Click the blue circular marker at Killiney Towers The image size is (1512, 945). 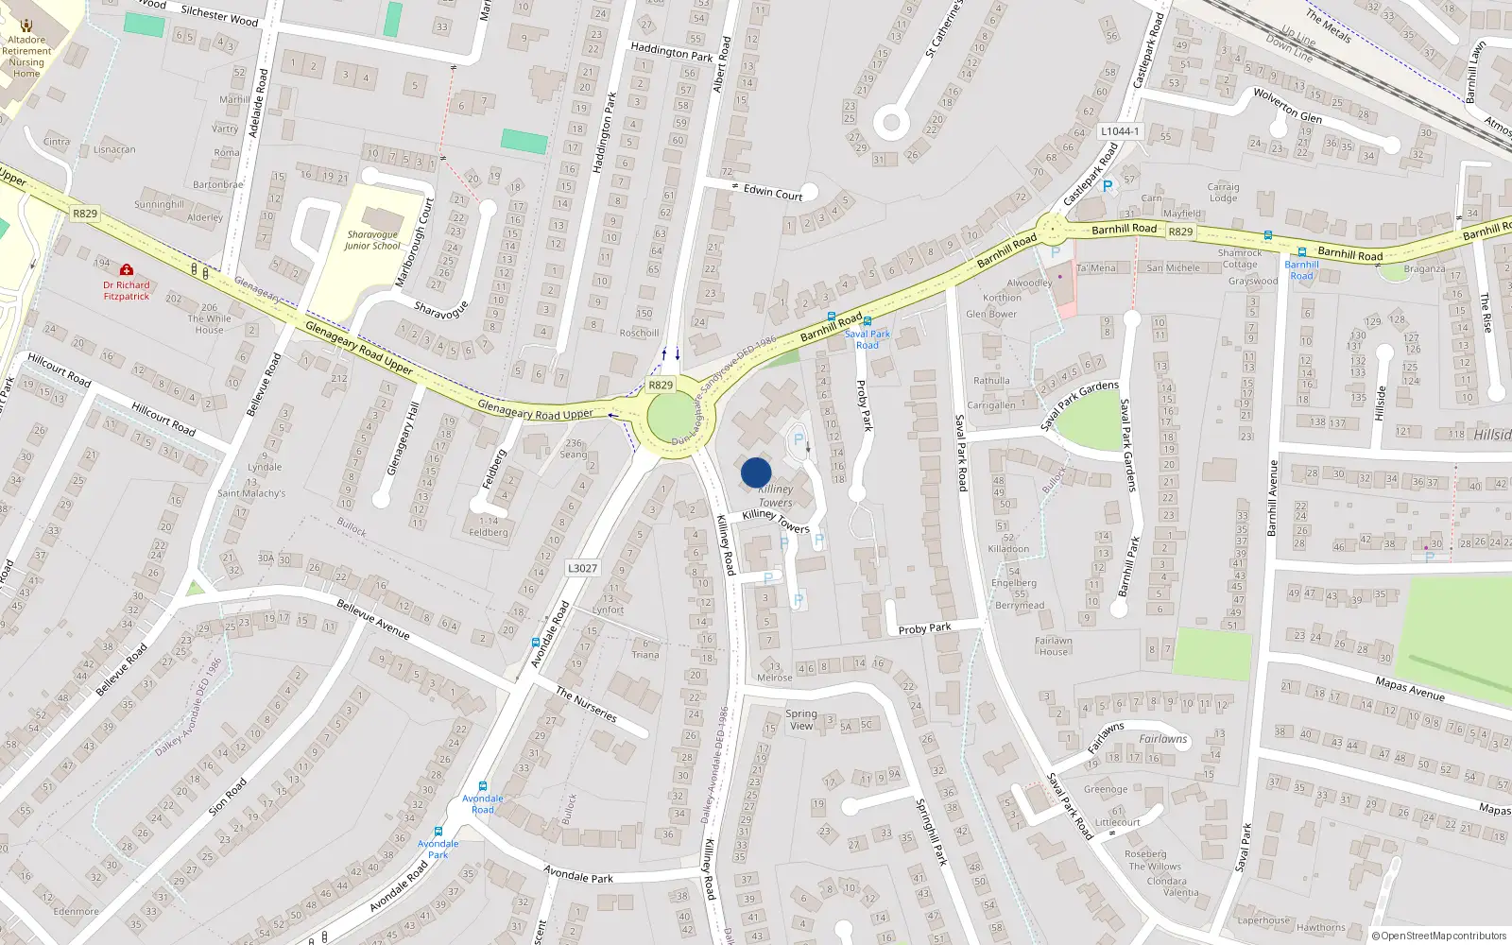pos(756,472)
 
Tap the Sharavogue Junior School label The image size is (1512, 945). pos(372,240)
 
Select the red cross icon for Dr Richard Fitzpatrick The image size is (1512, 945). pos(127,269)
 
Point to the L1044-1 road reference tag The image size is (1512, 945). pos(1120,131)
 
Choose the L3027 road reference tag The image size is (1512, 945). pos(582,568)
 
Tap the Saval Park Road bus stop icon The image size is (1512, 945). pos(868,321)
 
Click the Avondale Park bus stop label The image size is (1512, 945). pos(438,849)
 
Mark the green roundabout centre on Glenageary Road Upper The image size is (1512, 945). pos(671,416)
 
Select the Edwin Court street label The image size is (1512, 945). pos(772,192)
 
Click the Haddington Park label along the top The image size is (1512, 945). pos(671,51)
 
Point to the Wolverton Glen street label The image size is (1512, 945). pos(1287,105)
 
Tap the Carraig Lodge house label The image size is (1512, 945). pos(1223,192)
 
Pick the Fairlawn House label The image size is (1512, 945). pos(1053,645)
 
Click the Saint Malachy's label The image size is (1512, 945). pos(251,493)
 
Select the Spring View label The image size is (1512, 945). pos(800,719)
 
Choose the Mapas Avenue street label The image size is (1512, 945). pos(1410,688)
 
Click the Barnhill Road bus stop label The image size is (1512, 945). pos(1301,269)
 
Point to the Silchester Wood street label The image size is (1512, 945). pos(219,15)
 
